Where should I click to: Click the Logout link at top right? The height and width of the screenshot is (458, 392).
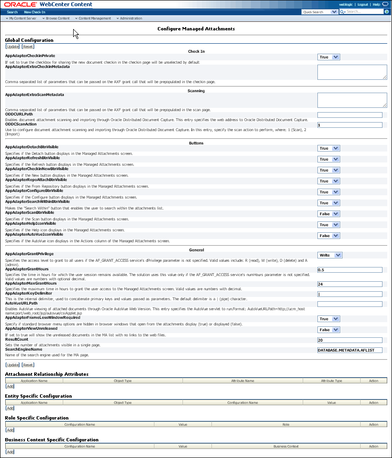[362, 4]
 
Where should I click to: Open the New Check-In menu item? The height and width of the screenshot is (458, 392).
[35, 12]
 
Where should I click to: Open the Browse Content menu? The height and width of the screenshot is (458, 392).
[57, 19]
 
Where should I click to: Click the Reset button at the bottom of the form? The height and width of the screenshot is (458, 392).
[28, 365]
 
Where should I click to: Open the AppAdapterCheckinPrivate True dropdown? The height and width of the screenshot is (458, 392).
[329, 57]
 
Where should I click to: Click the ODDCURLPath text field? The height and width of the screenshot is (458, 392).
[350, 115]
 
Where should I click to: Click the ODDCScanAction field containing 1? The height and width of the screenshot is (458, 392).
[350, 125]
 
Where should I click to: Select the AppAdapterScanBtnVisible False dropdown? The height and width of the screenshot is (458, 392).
[329, 214]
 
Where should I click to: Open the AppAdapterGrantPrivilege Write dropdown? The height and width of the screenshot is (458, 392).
[330, 255]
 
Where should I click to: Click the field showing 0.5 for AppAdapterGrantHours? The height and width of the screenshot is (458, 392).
[350, 270]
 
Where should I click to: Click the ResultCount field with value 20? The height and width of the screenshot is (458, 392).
[350, 340]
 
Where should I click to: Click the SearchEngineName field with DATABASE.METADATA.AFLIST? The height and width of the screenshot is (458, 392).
[350, 350]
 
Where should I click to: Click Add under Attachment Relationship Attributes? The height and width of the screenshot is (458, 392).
[10, 386]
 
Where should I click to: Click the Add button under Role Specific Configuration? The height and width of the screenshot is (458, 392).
[10, 430]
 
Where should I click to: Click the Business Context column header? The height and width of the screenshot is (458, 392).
[286, 447]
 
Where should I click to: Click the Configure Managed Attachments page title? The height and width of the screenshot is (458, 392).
[196, 29]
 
